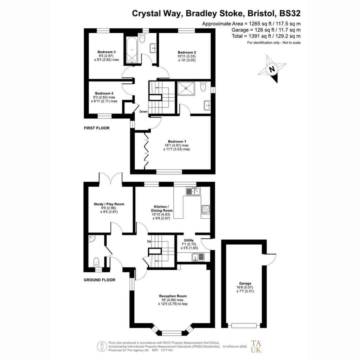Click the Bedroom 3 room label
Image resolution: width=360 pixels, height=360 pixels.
click(x=107, y=52)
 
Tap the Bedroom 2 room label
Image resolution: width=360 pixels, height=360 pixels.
click(x=187, y=52)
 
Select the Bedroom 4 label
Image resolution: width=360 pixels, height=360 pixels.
click(x=104, y=94)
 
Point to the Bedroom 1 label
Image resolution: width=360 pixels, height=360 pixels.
click(x=177, y=141)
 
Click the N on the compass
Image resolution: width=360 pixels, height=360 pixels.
click(x=272, y=69)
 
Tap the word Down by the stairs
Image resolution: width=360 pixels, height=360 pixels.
click(x=143, y=111)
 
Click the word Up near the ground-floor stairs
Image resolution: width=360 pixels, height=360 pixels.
click(x=149, y=242)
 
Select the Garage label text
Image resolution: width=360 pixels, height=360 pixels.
click(x=245, y=283)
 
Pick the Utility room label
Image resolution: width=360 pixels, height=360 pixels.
click(x=189, y=240)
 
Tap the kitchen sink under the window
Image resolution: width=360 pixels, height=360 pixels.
click(x=193, y=191)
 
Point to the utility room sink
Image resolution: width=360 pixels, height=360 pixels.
click(x=198, y=257)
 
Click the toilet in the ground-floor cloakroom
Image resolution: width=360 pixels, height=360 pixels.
click(x=96, y=262)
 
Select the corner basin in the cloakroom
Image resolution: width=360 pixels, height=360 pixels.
click(x=92, y=239)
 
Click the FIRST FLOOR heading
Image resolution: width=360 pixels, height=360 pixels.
click(x=97, y=128)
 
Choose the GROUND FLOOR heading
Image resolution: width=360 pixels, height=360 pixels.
click(x=99, y=280)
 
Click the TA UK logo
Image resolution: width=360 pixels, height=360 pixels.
click(x=256, y=346)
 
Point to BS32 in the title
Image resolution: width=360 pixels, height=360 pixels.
click(x=290, y=13)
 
